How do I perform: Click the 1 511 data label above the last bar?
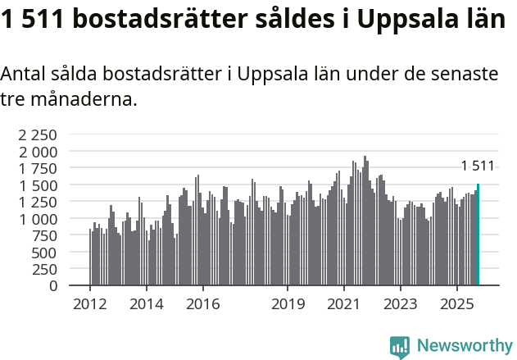tap(478, 166)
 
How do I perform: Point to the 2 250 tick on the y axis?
tap(39, 134)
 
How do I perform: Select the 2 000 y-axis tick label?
tap(39, 152)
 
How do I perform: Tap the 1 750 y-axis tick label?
tap(39, 168)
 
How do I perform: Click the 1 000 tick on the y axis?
tap(39, 219)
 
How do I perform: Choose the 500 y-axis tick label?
tap(44, 253)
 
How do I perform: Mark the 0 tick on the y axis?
tap(53, 286)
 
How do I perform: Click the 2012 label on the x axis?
tap(89, 305)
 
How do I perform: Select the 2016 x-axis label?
tap(202, 305)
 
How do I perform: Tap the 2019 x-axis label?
tap(288, 305)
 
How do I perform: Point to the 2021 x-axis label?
tap(344, 305)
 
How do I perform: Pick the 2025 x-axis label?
tap(456, 305)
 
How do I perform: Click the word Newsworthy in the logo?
tap(464, 346)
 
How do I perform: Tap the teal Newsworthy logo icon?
tap(399, 347)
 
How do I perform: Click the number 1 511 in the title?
tap(34, 21)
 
